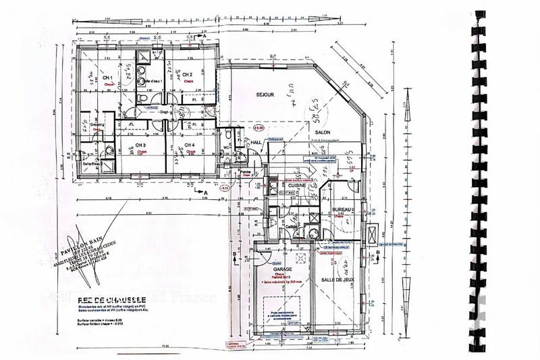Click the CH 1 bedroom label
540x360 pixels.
click(x=107, y=78)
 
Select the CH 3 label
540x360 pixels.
click(x=141, y=145)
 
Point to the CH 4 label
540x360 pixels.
click(x=190, y=145)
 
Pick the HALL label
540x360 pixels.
click(x=256, y=143)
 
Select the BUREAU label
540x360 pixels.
click(x=344, y=211)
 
